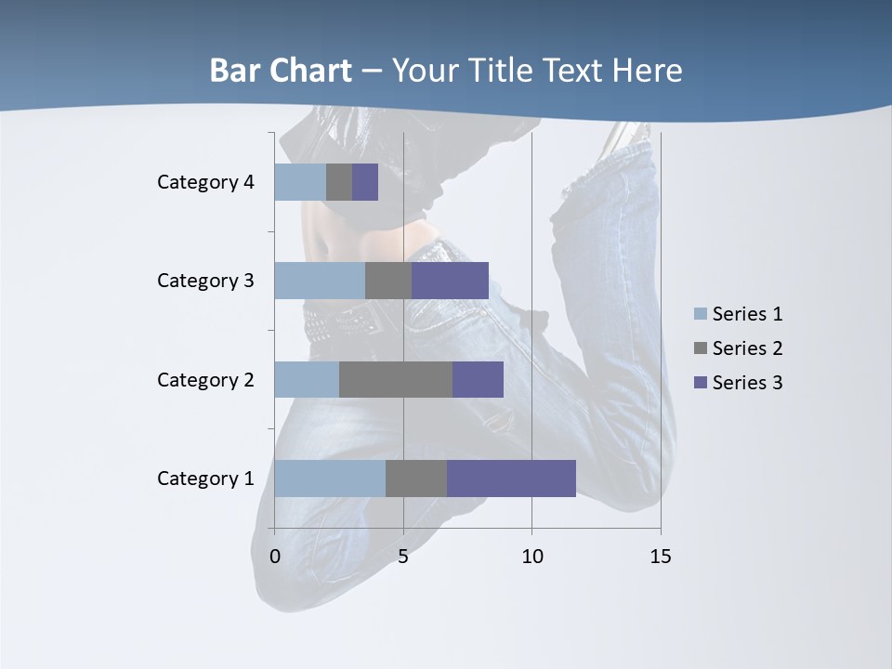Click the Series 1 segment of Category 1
click(330, 479)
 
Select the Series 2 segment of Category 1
click(416, 479)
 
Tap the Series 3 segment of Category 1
click(511, 479)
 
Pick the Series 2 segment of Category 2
click(396, 379)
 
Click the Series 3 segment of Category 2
click(478, 379)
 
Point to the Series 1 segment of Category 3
click(320, 281)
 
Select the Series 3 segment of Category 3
click(450, 281)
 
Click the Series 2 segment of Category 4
click(339, 182)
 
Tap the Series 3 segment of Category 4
click(365, 182)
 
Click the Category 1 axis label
click(205, 479)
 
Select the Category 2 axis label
click(205, 379)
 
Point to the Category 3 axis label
click(205, 281)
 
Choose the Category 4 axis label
click(205, 182)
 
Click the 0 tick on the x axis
click(275, 557)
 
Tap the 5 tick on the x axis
click(403, 557)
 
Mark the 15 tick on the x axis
click(660, 557)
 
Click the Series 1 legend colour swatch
click(701, 314)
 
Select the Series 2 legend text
click(747, 348)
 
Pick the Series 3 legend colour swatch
click(701, 383)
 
